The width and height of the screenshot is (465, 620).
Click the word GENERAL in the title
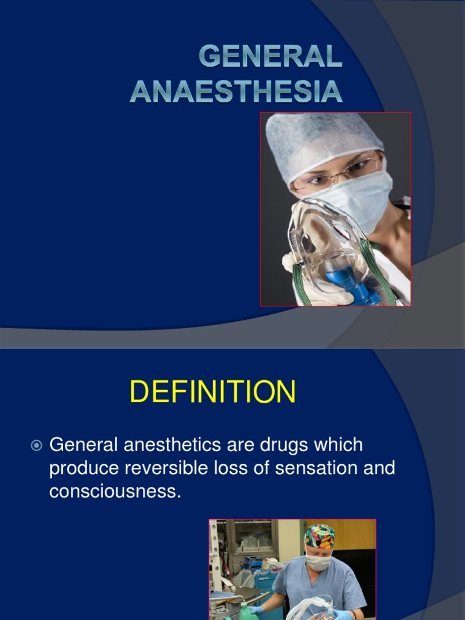click(271, 58)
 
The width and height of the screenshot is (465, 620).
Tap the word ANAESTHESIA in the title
click(236, 91)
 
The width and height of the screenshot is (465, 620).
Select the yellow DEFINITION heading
click(213, 392)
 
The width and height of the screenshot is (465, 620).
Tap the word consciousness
click(115, 491)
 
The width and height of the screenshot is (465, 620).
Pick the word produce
click(84, 469)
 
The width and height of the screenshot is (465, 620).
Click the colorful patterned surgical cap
click(319, 536)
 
